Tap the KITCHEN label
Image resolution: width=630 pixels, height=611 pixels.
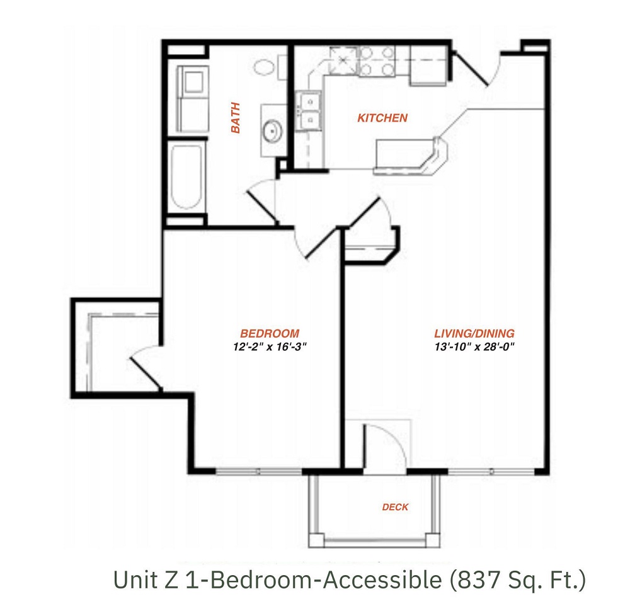point(382,118)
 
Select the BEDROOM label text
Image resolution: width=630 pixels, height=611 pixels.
point(270,333)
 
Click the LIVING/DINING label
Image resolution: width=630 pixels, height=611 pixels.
point(474,333)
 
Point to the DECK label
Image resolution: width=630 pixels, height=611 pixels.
point(395,507)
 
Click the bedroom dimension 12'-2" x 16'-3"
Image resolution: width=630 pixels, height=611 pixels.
point(270,346)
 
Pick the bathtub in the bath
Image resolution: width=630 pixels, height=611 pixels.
point(187,177)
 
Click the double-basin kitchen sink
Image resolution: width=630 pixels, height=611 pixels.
point(309,110)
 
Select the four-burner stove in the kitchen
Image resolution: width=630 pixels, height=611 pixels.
point(376,61)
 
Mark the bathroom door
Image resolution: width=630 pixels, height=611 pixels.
point(262,200)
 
